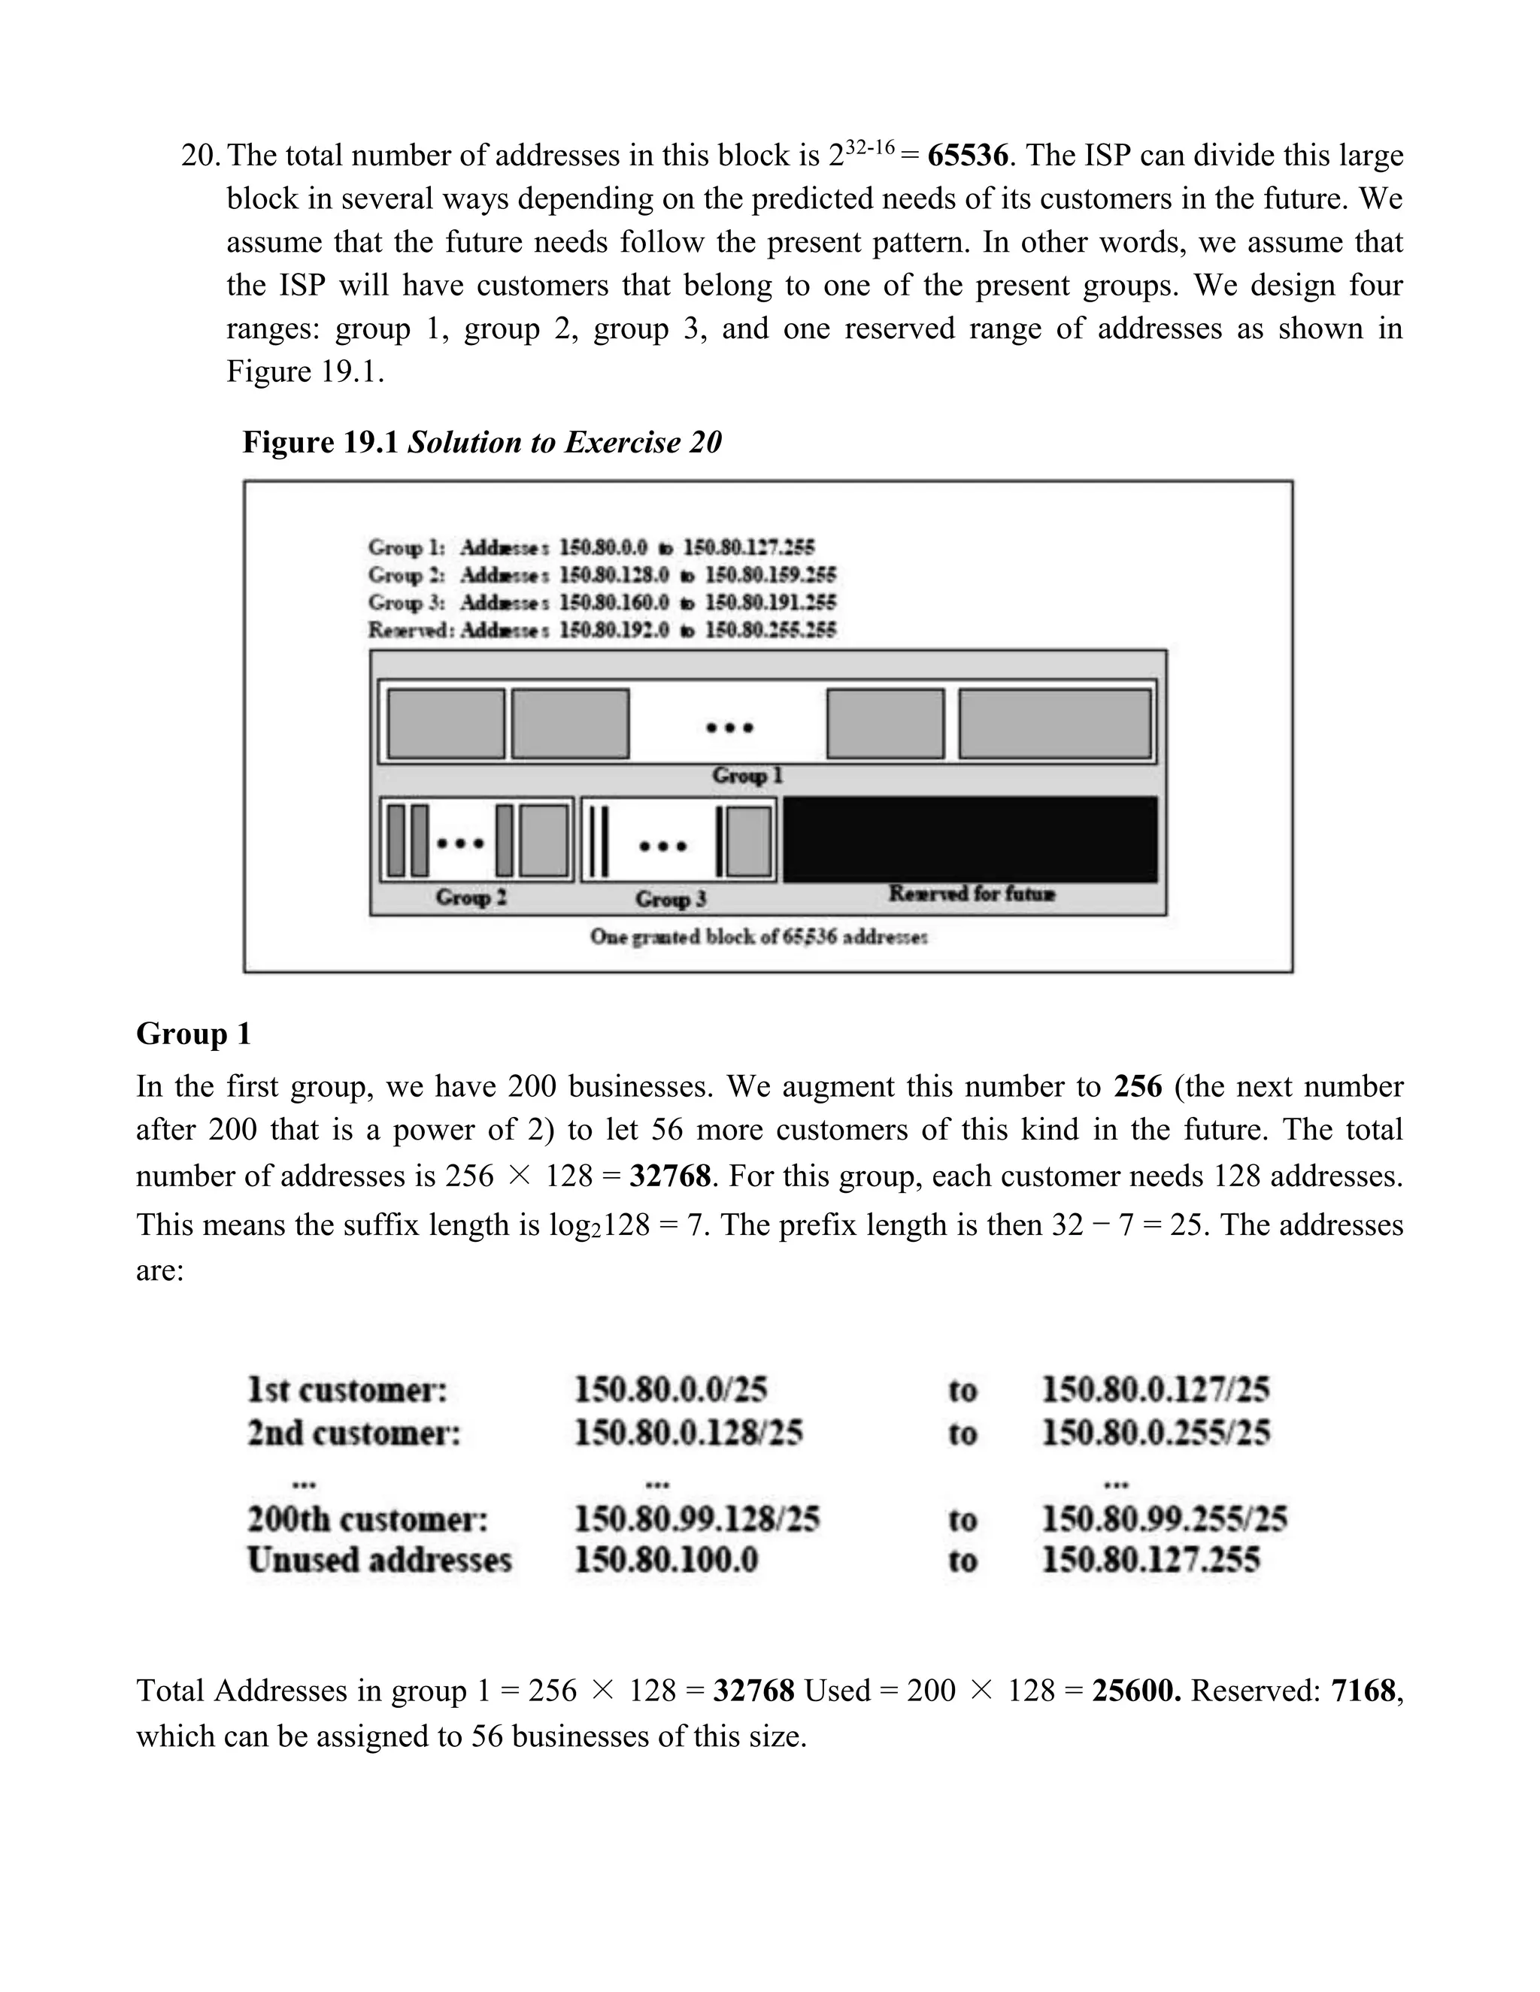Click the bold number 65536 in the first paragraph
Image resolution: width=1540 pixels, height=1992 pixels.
967,156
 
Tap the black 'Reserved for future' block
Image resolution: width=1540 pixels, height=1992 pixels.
970,839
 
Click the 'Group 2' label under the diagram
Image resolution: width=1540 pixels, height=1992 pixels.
471,898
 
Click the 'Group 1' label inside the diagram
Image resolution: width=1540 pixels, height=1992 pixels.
747,777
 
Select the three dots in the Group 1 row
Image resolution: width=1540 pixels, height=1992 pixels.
730,728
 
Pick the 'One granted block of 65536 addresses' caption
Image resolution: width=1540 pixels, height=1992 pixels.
758,937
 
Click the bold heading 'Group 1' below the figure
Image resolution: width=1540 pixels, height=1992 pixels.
193,1034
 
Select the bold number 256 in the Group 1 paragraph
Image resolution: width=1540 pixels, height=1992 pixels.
1138,1087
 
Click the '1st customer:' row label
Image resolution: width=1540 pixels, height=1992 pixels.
347,1390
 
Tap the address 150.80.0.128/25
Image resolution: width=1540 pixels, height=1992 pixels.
688,1433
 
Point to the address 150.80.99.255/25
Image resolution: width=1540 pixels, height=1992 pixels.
1164,1519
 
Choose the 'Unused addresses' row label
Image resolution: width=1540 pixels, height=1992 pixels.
379,1561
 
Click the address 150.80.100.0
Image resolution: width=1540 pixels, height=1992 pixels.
666,1561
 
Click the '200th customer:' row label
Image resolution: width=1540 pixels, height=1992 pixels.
368,1519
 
